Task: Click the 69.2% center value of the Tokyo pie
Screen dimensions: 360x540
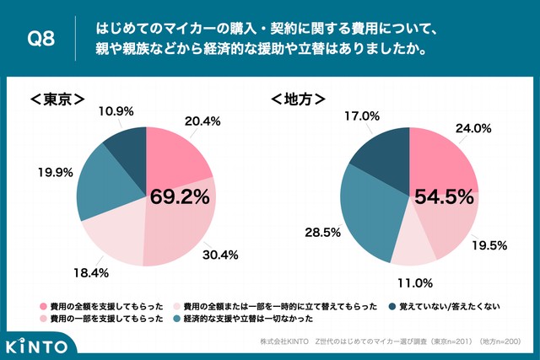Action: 180,196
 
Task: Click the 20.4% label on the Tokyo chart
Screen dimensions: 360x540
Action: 202,121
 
